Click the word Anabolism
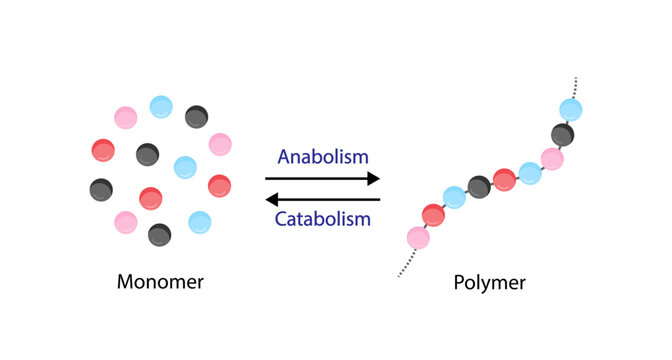coord(323,157)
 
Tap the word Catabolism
coord(323,218)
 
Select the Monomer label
coord(160,282)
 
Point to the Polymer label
coord(490,282)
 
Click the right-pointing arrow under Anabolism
coord(323,179)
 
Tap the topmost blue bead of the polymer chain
coord(571,109)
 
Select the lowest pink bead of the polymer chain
coord(418,237)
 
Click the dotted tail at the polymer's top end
coord(577,86)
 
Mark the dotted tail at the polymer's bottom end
coord(406,263)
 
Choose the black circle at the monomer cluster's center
coord(148,154)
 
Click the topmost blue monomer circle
coord(161,106)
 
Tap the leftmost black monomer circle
coord(101,188)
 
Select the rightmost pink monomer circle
coord(220,144)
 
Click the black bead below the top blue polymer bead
coord(563,134)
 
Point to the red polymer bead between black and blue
coord(504,179)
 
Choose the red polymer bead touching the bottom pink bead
coord(433,214)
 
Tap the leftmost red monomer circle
coord(103,151)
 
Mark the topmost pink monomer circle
coord(126,118)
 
